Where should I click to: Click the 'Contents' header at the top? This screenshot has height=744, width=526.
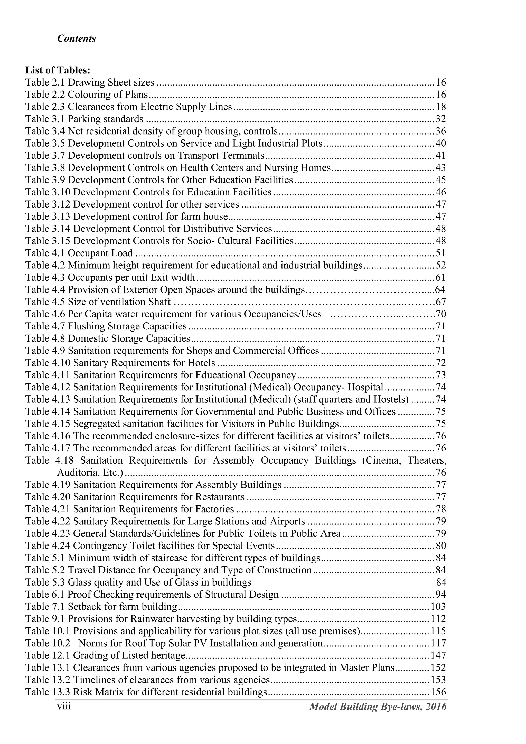click(76, 39)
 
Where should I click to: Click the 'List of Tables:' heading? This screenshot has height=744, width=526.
click(58, 70)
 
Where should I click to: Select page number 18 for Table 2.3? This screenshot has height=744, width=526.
click(441, 107)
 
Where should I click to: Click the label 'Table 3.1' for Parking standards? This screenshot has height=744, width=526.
click(45, 119)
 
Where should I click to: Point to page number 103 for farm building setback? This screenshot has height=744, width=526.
click(438, 606)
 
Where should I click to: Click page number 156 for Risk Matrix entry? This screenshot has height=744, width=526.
click(438, 692)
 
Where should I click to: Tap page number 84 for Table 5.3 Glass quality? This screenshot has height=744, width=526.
click(441, 582)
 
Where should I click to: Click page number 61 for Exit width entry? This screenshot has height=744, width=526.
click(441, 277)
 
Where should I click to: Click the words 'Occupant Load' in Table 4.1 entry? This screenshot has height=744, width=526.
click(100, 253)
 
